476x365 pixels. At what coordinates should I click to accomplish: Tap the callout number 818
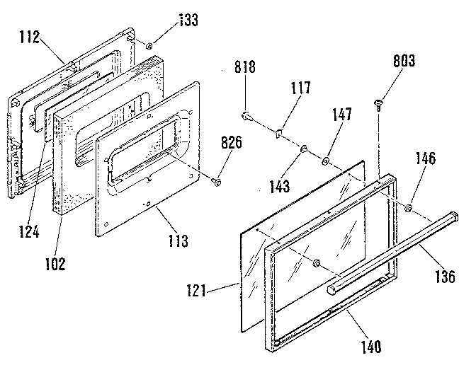pyautogui.click(x=244, y=68)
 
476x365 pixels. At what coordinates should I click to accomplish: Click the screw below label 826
pyautogui.click(x=217, y=181)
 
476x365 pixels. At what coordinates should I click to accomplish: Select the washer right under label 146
pyautogui.click(x=409, y=209)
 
